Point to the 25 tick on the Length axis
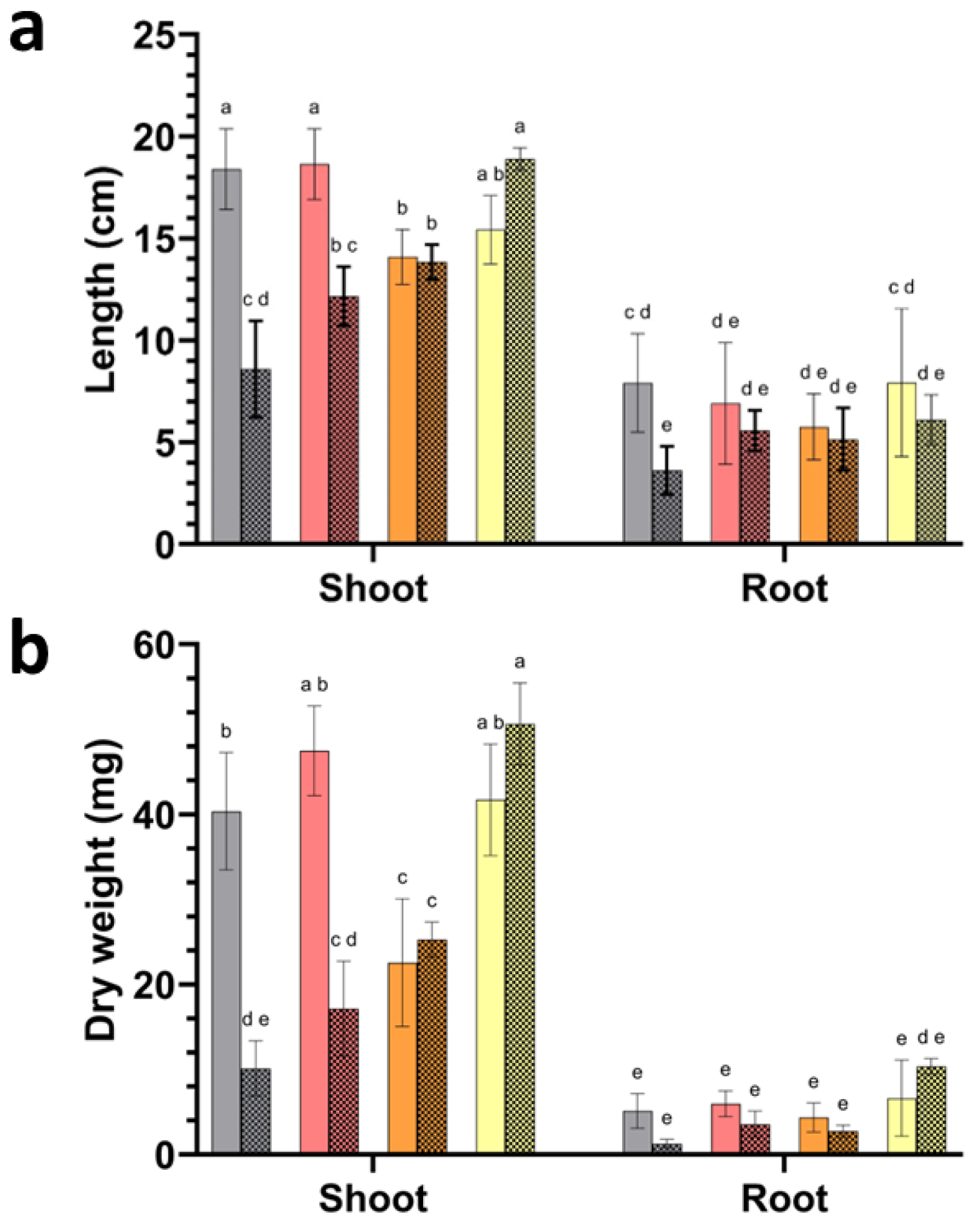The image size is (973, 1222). tap(155, 35)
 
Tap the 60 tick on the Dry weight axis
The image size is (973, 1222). tap(155, 645)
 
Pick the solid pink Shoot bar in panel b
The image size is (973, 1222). tap(315, 952)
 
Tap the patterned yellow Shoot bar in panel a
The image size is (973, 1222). tap(520, 351)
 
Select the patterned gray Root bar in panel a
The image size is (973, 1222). tap(666, 506)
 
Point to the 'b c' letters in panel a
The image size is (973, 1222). tap(343, 246)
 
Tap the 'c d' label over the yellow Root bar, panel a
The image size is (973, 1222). tap(901, 288)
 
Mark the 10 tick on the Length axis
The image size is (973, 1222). tap(155, 341)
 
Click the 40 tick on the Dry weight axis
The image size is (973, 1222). tap(155, 815)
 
